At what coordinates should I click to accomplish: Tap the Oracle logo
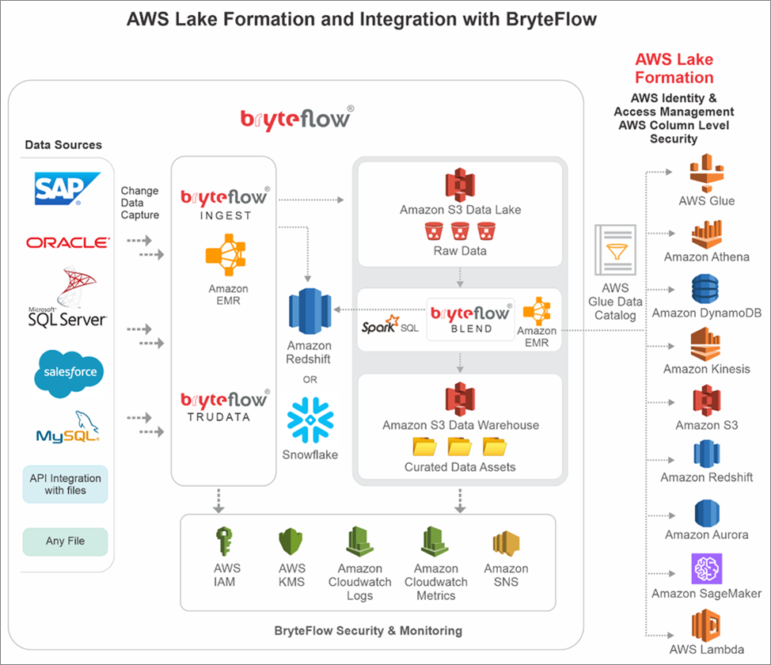point(67,242)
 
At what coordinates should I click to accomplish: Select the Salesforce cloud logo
point(66,371)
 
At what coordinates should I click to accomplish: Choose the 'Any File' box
point(65,541)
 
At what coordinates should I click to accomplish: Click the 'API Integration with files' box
point(65,484)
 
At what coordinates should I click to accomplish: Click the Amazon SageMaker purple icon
point(706,568)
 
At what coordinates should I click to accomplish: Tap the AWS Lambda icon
point(706,625)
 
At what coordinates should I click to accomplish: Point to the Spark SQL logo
point(390,325)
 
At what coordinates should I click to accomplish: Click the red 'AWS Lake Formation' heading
point(674,69)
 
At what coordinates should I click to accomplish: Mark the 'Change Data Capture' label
point(140,203)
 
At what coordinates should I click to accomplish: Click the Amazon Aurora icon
point(706,513)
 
